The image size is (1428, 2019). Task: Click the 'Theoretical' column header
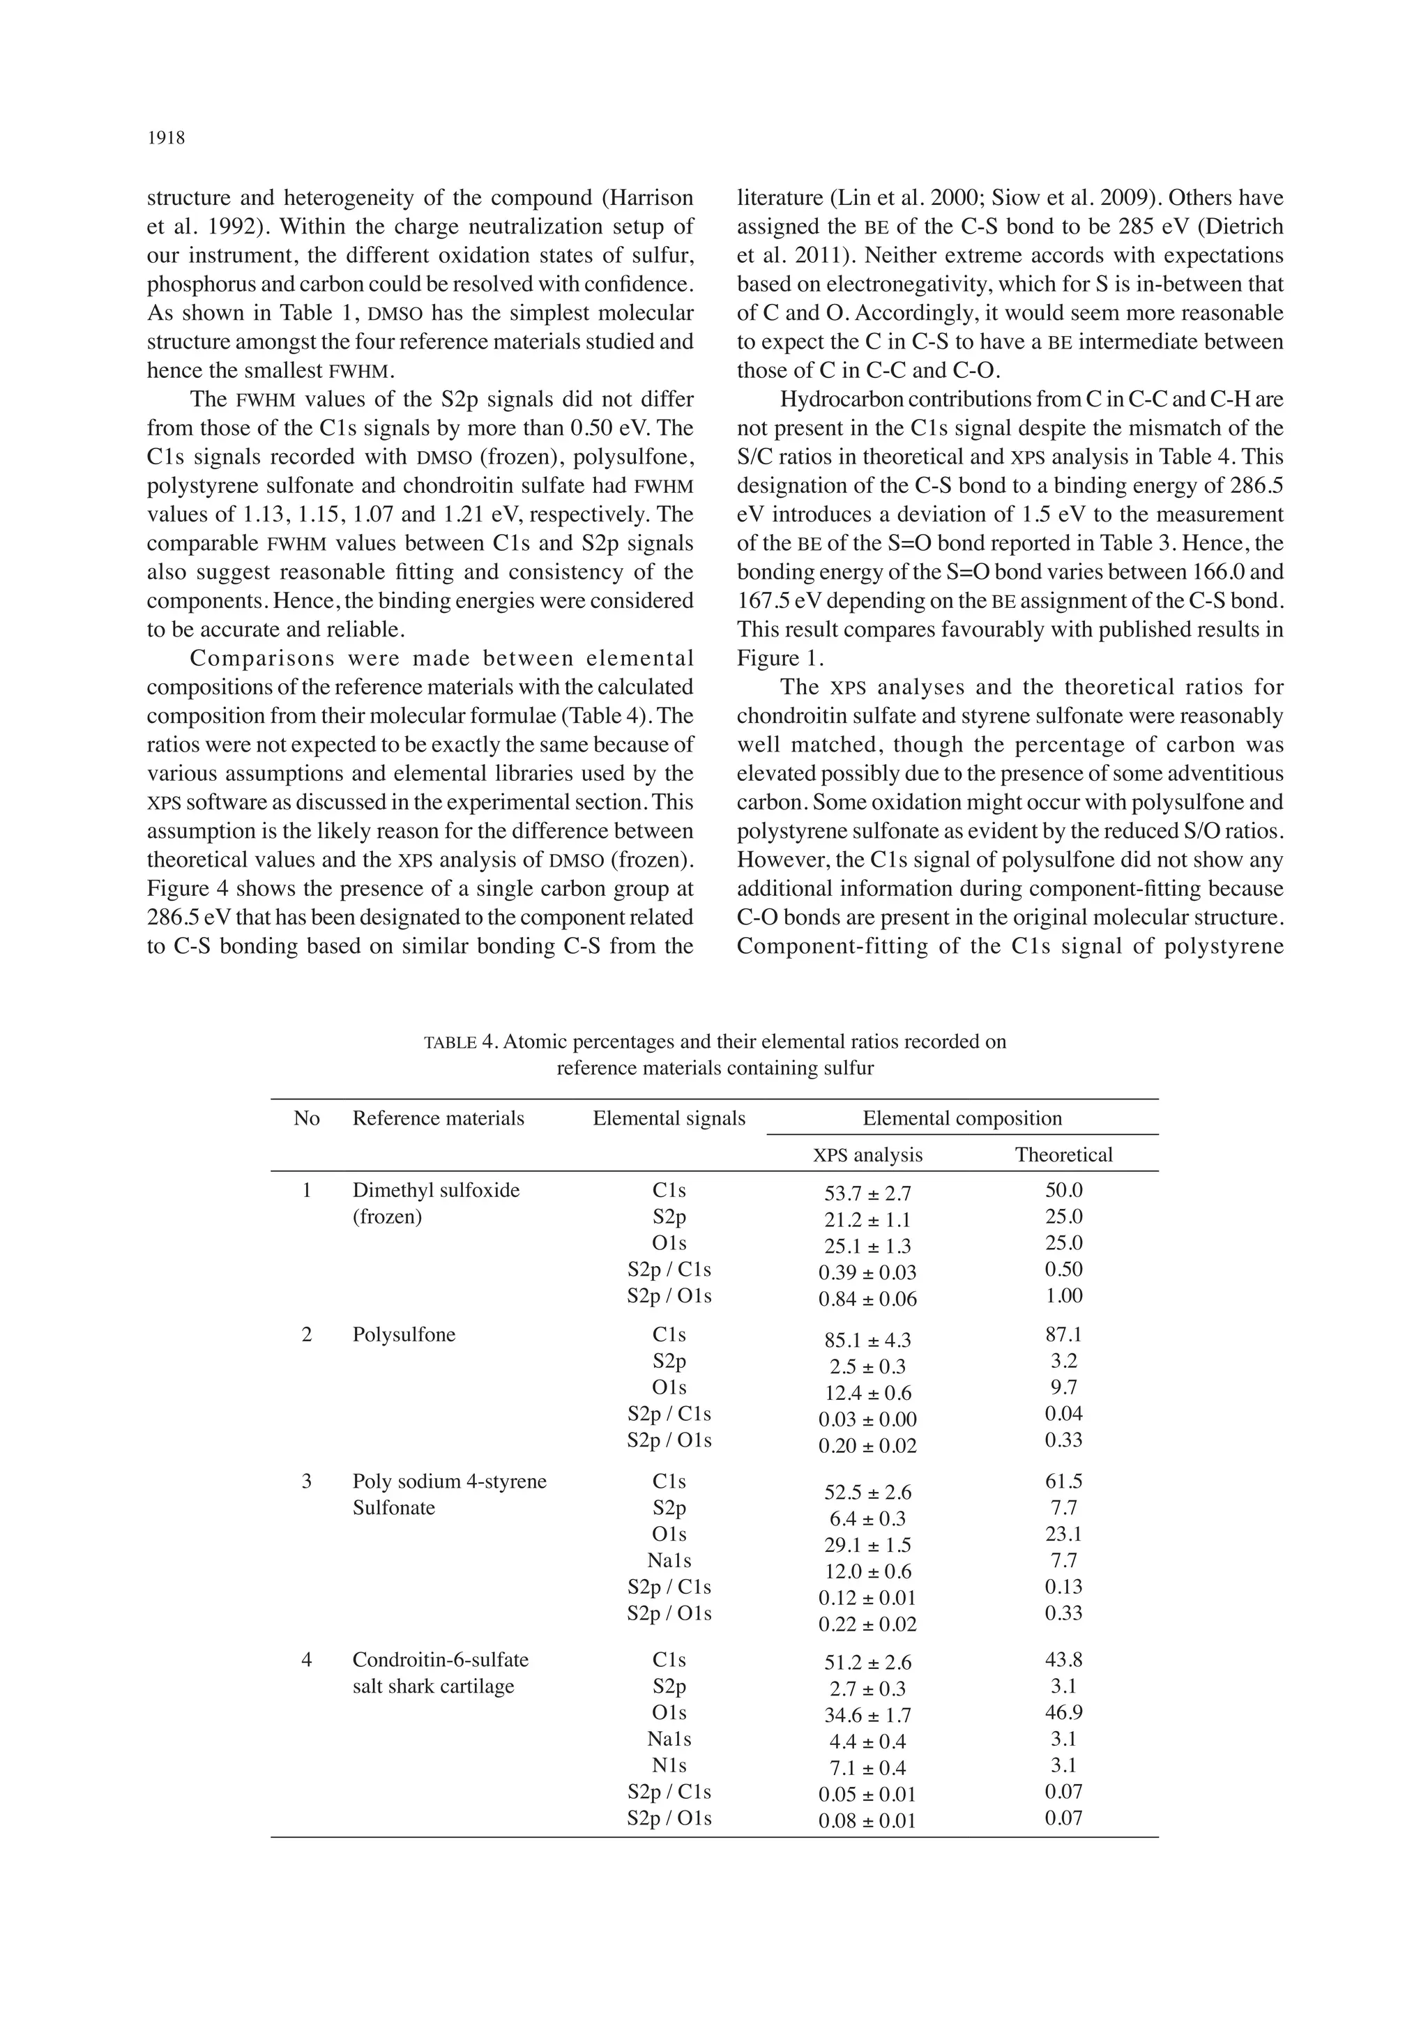[x=1063, y=1155]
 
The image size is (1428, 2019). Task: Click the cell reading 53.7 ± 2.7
[x=867, y=1194]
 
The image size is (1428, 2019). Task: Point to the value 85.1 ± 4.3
[x=867, y=1340]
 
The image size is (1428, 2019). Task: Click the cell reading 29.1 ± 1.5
[x=867, y=1545]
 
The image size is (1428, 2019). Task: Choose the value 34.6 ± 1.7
[x=867, y=1715]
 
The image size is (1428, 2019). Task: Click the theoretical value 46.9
[x=1063, y=1712]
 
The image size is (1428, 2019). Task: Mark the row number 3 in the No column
[x=306, y=1481]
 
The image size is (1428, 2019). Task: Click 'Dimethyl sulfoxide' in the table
[x=435, y=1190]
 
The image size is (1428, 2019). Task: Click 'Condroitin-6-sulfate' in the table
[x=440, y=1659]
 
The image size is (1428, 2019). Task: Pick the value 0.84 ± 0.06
[x=867, y=1299]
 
